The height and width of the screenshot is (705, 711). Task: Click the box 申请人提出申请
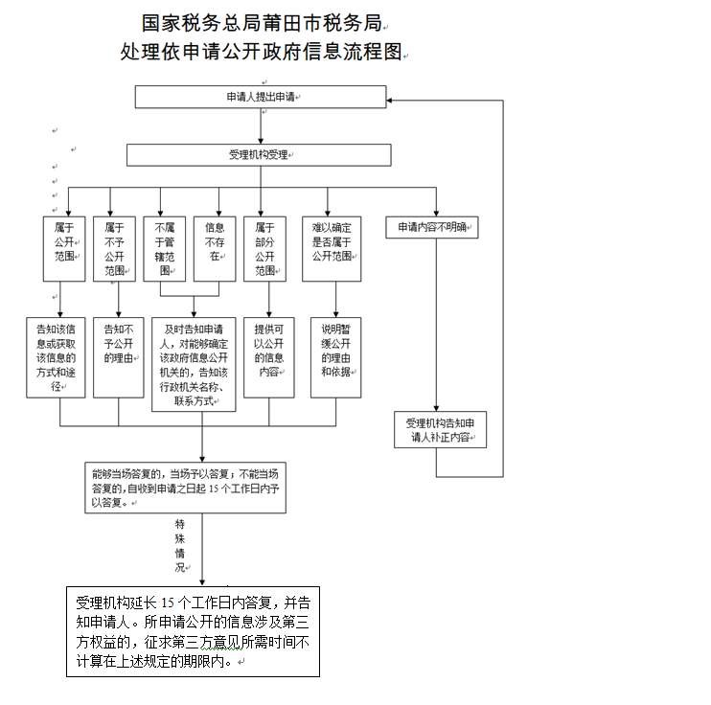click(260, 97)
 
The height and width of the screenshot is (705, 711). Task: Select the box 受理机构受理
click(260, 155)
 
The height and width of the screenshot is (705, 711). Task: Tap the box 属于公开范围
click(65, 248)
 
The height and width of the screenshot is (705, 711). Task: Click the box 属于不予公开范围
click(117, 248)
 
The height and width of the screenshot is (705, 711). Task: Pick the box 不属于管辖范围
click(164, 248)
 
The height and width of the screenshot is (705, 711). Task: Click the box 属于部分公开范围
click(264, 248)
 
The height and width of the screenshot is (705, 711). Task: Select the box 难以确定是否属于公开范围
click(332, 248)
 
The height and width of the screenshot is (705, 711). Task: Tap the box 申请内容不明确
click(432, 228)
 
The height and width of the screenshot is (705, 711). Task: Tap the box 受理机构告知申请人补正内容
click(440, 429)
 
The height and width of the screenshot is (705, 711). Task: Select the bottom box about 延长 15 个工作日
click(193, 630)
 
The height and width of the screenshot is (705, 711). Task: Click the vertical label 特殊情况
click(179, 546)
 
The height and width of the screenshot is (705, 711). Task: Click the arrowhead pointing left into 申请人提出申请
click(392, 97)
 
